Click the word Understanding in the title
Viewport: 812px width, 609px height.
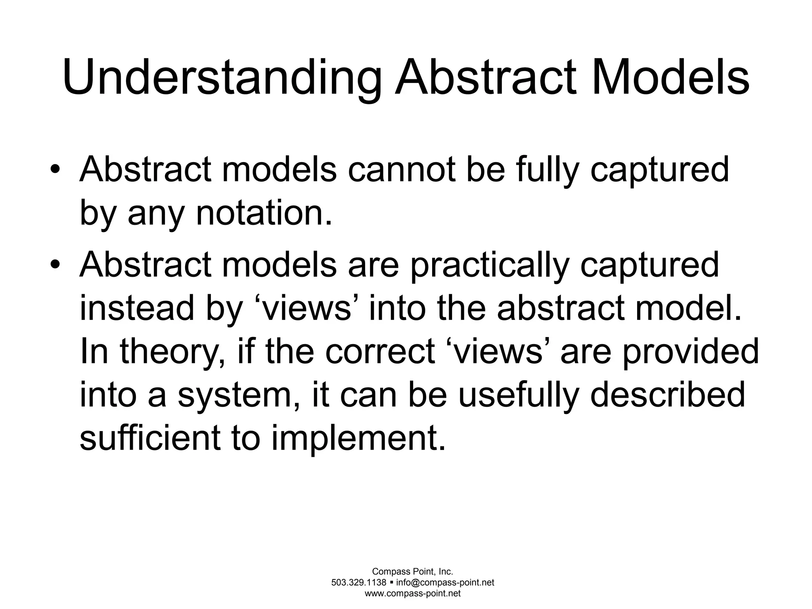(222, 77)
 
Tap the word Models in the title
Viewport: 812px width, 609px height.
(670, 77)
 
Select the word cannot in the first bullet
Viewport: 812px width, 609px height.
(403, 170)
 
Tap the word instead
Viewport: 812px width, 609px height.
(137, 308)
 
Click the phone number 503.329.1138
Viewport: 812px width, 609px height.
(359, 582)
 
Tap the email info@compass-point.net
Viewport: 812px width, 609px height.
(445, 582)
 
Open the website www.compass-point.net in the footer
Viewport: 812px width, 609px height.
(412, 594)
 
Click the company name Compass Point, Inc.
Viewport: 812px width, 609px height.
(412, 571)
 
